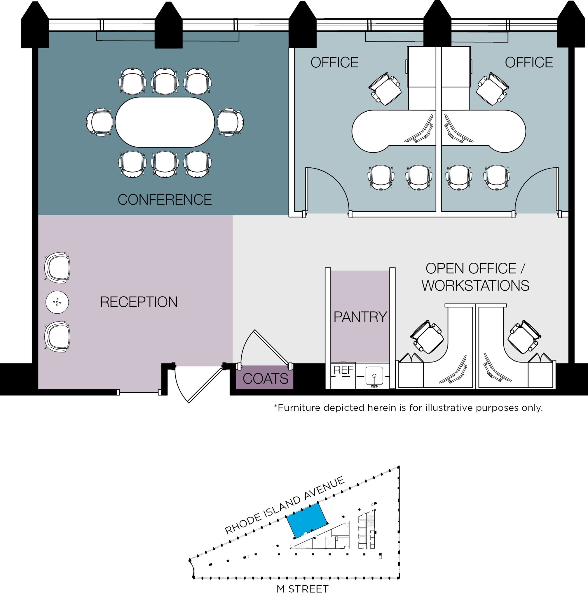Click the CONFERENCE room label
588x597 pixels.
tap(165, 200)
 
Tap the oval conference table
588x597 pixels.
tap(165, 122)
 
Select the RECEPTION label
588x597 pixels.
tap(139, 302)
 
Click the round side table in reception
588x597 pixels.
tap(57, 302)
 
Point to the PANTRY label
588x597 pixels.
tap(360, 317)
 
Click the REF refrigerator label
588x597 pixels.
tap(343, 370)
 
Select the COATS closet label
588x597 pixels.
tap(265, 379)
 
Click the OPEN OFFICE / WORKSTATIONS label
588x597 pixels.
tap(475, 277)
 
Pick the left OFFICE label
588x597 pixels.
tap(334, 63)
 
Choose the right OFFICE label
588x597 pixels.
tap(529, 63)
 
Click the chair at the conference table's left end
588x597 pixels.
tap(100, 122)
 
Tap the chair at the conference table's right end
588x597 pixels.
tap(230, 122)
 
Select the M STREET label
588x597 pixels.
tap(302, 589)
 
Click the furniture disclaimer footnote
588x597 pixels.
tap(408, 408)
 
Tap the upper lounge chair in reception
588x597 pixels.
tap(57, 267)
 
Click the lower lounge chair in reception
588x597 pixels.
tap(57, 336)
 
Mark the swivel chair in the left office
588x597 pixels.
tap(385, 88)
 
